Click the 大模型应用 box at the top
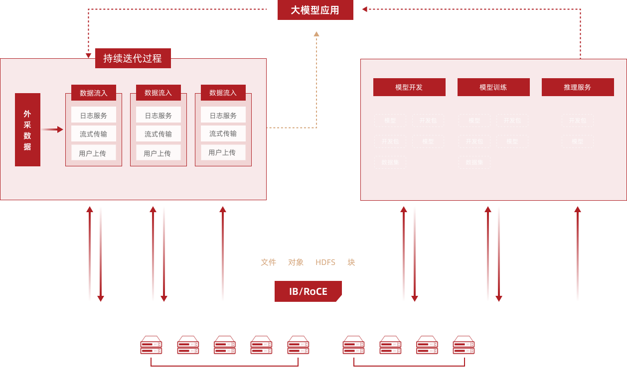pyautogui.click(x=315, y=10)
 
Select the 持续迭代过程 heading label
pyautogui.click(x=133, y=58)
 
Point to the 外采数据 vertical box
pyautogui.click(x=27, y=130)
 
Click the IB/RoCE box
pyautogui.click(x=308, y=291)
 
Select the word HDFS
pyautogui.click(x=325, y=262)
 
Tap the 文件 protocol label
pyautogui.click(x=268, y=262)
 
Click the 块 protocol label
pyautogui.click(x=351, y=262)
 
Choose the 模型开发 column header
pyautogui.click(x=409, y=87)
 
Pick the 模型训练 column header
pyautogui.click(x=493, y=87)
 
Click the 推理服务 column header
pyautogui.click(x=577, y=87)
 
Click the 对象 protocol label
pyautogui.click(x=296, y=262)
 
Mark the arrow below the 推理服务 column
pyautogui.click(x=578, y=254)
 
